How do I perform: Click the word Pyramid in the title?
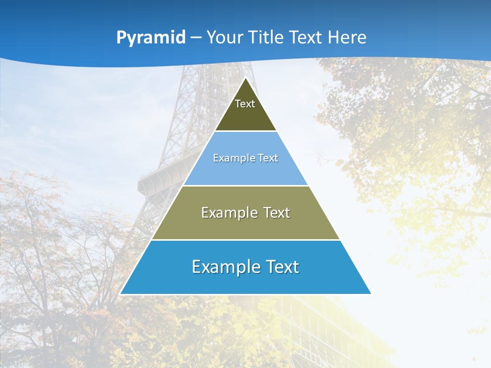[x=151, y=38]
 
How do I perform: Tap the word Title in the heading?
[x=266, y=37]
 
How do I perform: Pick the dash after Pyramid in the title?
[x=196, y=38]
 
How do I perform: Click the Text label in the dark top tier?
[x=245, y=104]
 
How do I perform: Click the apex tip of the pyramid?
[x=245, y=78]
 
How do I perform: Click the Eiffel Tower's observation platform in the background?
[x=159, y=179]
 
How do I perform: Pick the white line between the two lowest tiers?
[x=245, y=240]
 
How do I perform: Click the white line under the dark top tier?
[x=245, y=131]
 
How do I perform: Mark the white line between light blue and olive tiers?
[x=245, y=186]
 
